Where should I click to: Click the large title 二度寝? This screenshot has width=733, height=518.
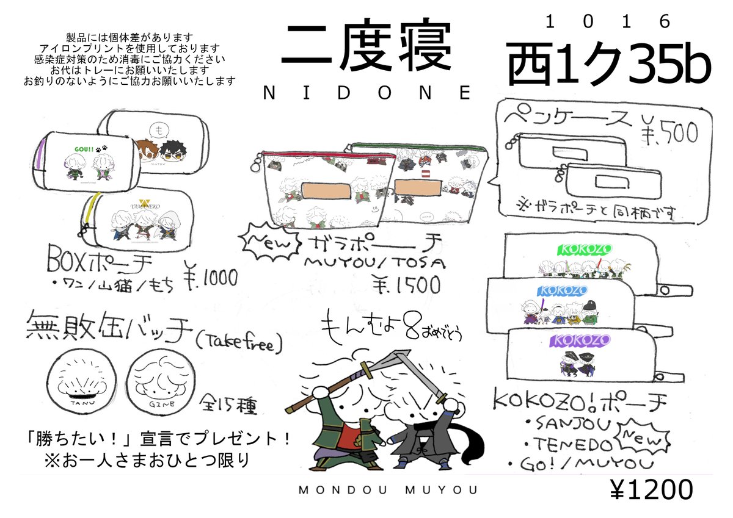pyautogui.click(x=365, y=49)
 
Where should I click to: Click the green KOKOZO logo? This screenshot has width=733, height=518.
pyautogui.click(x=578, y=250)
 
